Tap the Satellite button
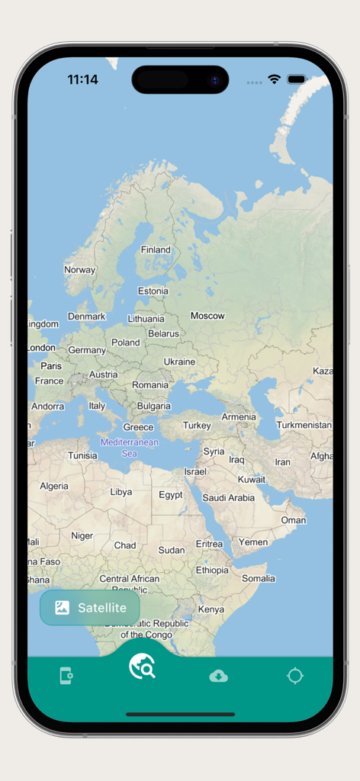pyautogui.click(x=90, y=608)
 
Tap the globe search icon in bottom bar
pyautogui.click(x=142, y=666)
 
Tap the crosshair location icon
pyautogui.click(x=295, y=676)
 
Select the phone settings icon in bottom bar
pyautogui.click(x=66, y=676)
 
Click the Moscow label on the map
pyautogui.click(x=207, y=316)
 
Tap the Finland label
pyautogui.click(x=156, y=249)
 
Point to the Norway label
pyautogui.click(x=79, y=269)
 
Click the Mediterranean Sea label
pyautogui.click(x=130, y=448)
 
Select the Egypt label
pyautogui.click(x=170, y=495)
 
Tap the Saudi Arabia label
pyautogui.click(x=228, y=498)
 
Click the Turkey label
pyautogui.click(x=197, y=426)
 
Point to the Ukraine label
pyautogui.click(x=179, y=362)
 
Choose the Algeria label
pyautogui.click(x=53, y=486)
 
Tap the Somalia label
pyautogui.click(x=259, y=578)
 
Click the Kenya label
pyautogui.click(x=211, y=609)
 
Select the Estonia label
pyautogui.click(x=153, y=291)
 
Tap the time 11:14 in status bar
pyautogui.click(x=82, y=79)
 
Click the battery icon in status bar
pyautogui.click(x=297, y=79)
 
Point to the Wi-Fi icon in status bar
pyautogui.click(x=274, y=79)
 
